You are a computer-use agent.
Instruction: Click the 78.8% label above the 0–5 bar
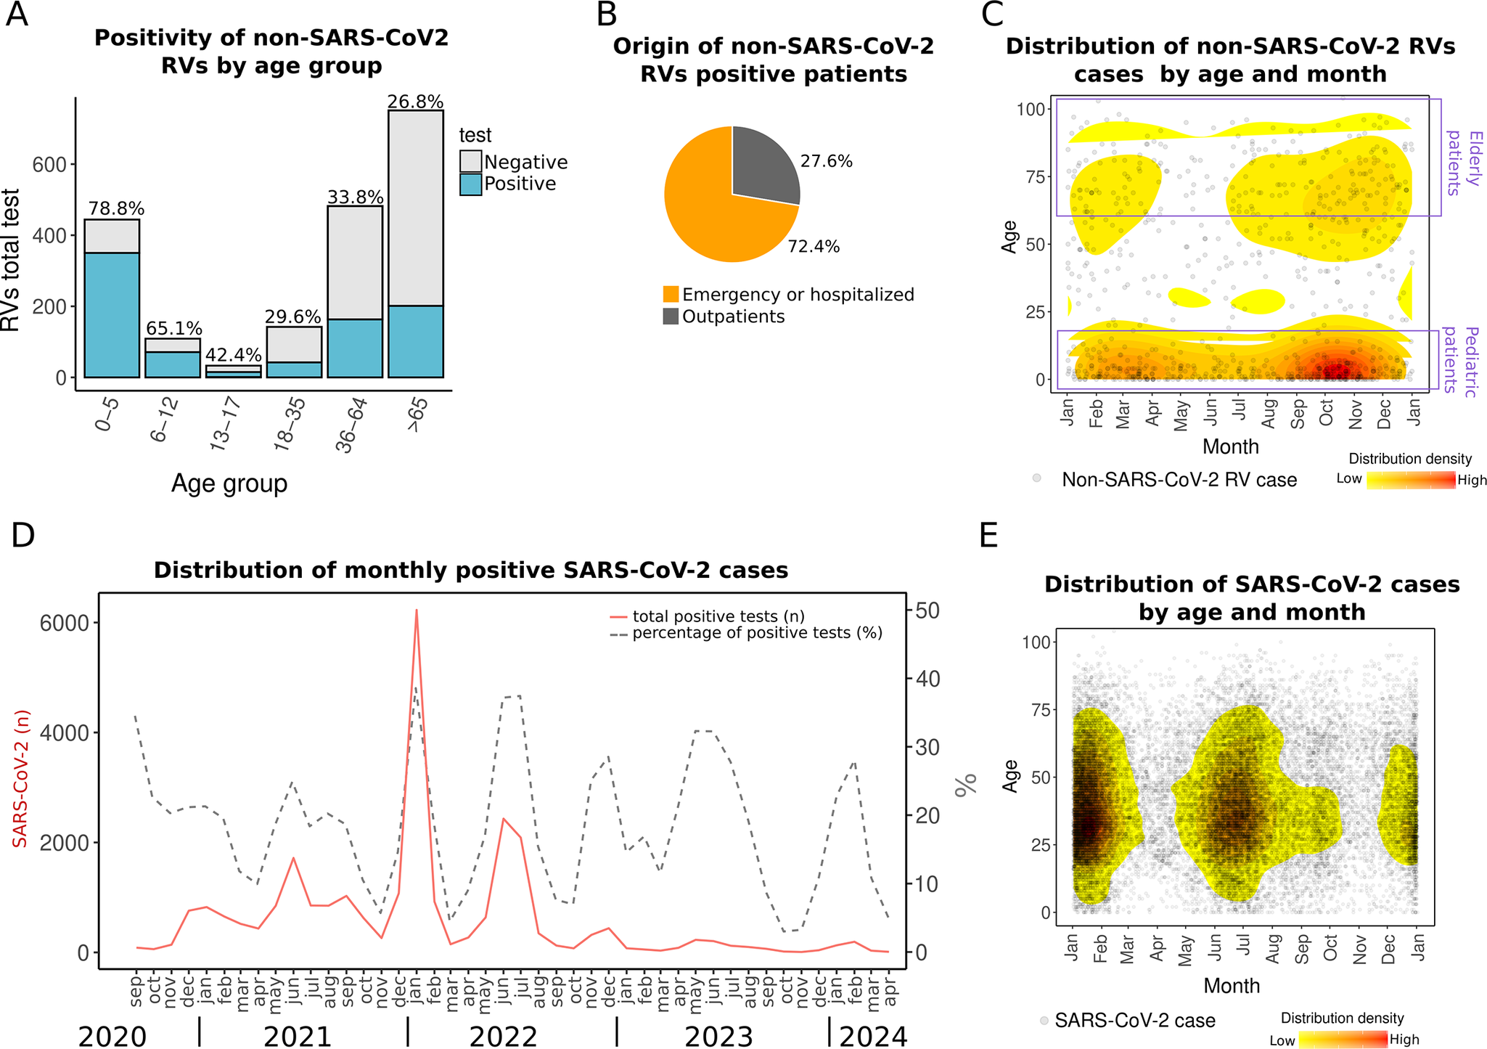pyautogui.click(x=116, y=209)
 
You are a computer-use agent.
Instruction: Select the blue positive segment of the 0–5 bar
pyautogui.click(x=112, y=315)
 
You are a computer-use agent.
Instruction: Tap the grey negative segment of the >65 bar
pyautogui.click(x=415, y=208)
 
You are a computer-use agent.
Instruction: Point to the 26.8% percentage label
pyautogui.click(x=415, y=102)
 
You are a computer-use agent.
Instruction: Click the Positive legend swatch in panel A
pyautogui.click(x=471, y=184)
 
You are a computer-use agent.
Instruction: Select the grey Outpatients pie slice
pyautogui.click(x=762, y=164)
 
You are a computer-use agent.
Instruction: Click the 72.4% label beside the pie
pyautogui.click(x=814, y=247)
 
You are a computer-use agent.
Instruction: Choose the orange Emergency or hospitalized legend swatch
pyautogui.click(x=671, y=294)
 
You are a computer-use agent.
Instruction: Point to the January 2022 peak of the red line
pyautogui.click(x=417, y=611)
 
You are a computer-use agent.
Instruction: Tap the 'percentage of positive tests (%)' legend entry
pyautogui.click(x=757, y=633)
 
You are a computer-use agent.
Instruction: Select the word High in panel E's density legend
pyautogui.click(x=1404, y=1040)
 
